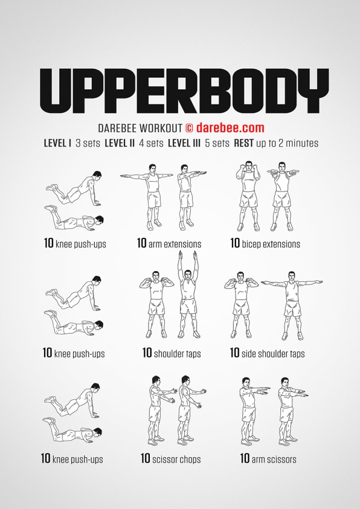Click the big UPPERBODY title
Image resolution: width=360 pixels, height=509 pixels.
coord(184,91)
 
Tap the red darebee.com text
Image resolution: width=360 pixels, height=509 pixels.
coord(230,127)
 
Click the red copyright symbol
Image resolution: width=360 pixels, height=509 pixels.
coord(189,128)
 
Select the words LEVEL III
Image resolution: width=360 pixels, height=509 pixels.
coord(184,143)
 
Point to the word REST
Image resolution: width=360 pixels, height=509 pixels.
coord(243,143)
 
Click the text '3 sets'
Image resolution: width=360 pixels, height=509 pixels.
coord(88,143)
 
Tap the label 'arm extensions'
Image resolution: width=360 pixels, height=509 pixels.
coord(175,244)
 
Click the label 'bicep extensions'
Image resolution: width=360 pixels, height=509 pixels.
coord(271,244)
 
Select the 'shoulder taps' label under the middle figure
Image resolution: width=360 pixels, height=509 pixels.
coord(177,353)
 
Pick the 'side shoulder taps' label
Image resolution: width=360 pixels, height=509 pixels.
coord(273,353)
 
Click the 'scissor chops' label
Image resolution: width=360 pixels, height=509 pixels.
coord(176,459)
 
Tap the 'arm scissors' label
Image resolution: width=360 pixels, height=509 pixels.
coord(274,459)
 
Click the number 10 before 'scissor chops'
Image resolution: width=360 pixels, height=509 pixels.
coord(145,459)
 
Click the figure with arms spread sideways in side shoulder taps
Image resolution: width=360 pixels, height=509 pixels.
coord(292,306)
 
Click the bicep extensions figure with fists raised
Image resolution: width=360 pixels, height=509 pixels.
coord(249,196)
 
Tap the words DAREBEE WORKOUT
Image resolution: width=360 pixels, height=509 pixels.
coord(140,128)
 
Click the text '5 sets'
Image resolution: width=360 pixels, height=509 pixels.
coord(217,143)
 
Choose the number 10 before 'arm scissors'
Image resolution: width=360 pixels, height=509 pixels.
coord(245,459)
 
